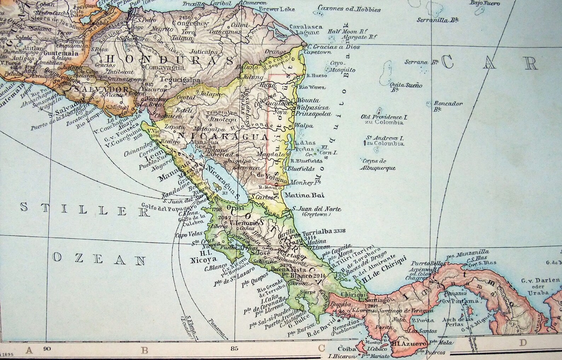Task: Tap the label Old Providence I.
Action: click(x=382, y=117)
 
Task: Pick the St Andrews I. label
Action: click(x=385, y=138)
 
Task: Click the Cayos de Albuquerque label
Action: click(x=377, y=164)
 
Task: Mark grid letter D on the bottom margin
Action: click(x=523, y=342)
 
